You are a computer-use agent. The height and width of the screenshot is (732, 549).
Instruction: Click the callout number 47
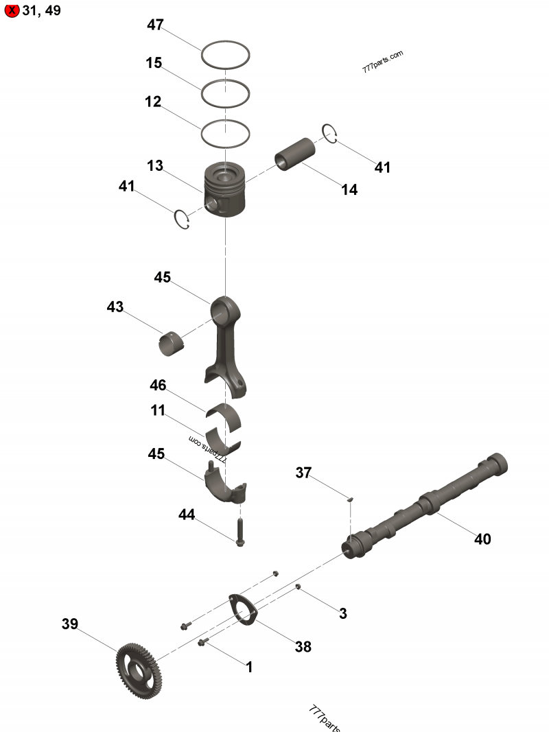(155, 25)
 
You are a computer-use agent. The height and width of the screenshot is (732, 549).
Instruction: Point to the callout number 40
(482, 539)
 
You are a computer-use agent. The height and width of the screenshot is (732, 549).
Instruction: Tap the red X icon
(11, 11)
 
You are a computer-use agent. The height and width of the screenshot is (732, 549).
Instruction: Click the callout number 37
(304, 473)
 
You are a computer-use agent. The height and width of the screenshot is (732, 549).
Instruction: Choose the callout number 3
(343, 614)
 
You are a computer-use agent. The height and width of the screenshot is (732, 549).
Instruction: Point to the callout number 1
(249, 667)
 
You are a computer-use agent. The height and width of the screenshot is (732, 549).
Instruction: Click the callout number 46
(158, 386)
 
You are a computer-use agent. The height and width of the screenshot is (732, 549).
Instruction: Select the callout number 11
(158, 411)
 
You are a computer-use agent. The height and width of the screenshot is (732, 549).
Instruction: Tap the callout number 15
(154, 63)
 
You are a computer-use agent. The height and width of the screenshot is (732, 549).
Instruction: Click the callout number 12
(153, 102)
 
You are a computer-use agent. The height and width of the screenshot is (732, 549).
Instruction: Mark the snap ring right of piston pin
(330, 134)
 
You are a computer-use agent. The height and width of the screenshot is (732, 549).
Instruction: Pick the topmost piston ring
(225, 55)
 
